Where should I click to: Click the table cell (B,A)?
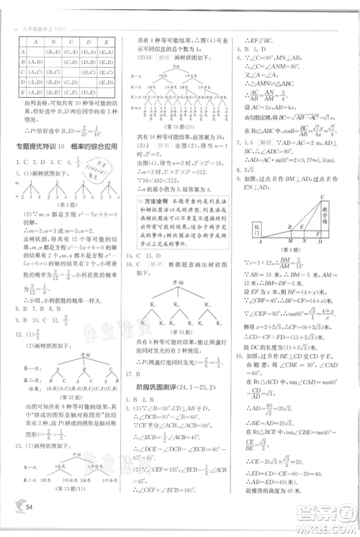(x=53, y=53)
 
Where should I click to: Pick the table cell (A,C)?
(x=33, y=73)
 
